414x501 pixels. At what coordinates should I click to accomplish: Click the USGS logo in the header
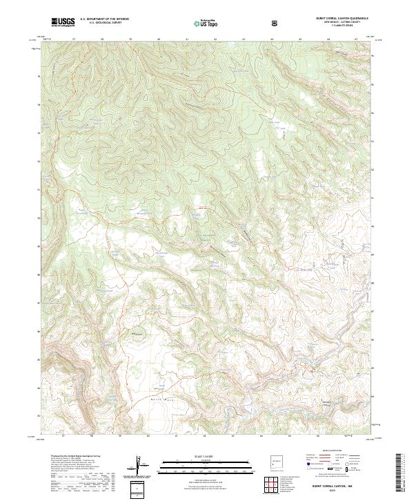63,23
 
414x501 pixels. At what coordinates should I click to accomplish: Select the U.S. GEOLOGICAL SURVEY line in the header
99,24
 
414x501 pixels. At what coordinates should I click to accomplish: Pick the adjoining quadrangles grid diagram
277,484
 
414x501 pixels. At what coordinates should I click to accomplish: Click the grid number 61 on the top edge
187,39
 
